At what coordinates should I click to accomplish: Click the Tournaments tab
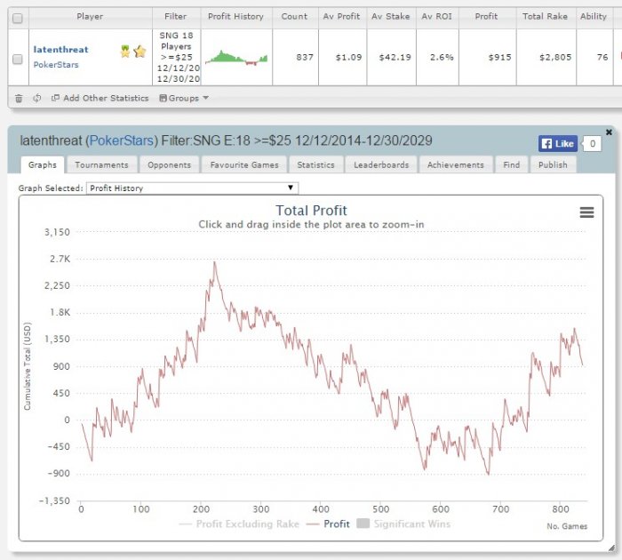101,164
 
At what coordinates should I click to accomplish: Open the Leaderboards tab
381,164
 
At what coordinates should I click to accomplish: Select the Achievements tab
455,164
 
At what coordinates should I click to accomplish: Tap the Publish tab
553,164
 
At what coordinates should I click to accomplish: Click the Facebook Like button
558,144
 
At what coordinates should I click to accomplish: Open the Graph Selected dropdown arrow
291,188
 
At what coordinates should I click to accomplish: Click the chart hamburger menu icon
586,212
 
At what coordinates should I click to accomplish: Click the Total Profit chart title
311,211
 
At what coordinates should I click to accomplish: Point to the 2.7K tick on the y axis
60,259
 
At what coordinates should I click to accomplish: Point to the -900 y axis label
59,473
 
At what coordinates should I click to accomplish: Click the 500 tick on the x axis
381,508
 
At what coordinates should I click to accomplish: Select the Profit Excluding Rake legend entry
239,524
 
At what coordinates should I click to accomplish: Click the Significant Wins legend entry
403,524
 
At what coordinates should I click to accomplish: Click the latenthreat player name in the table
60,50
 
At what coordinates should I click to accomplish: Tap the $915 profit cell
499,57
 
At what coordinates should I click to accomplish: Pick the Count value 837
305,57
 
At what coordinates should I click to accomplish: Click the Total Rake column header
545,16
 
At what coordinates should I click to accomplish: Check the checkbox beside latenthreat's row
18,60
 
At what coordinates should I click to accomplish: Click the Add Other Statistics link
100,98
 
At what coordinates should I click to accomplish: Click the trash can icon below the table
19,98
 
